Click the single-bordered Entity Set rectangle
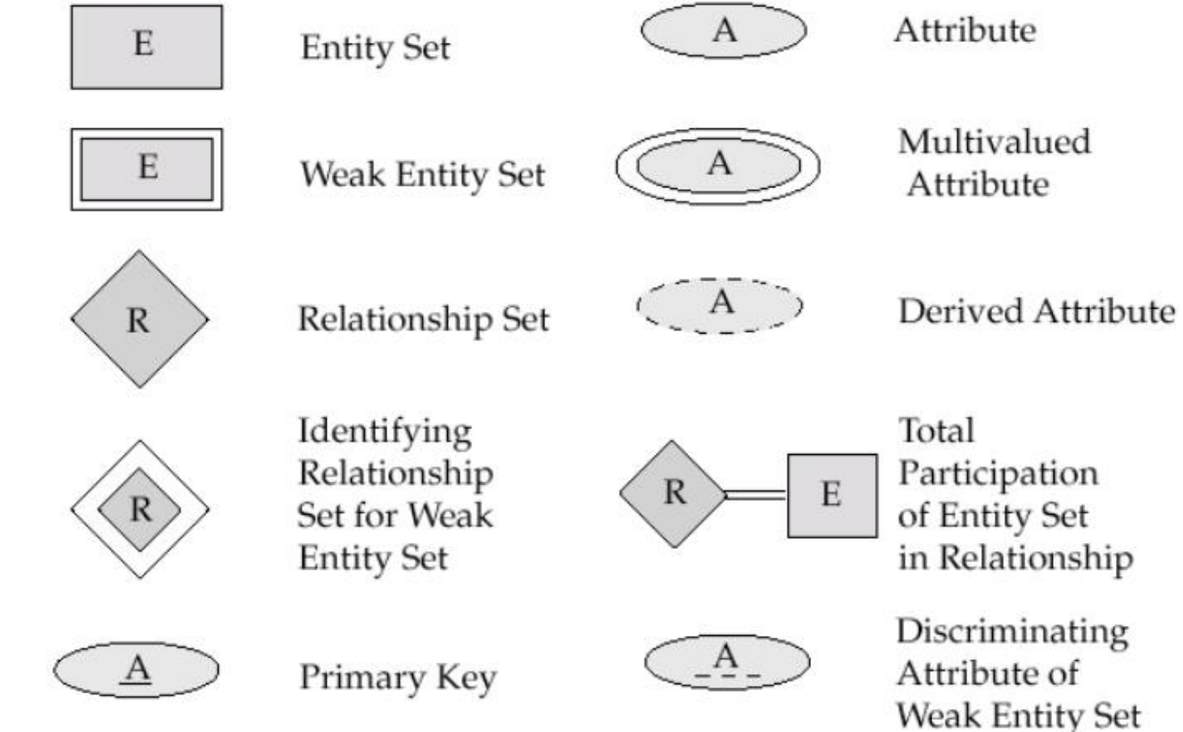(x=147, y=47)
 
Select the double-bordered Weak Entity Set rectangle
(x=147, y=170)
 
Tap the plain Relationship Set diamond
(x=140, y=319)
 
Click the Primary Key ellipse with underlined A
(x=137, y=670)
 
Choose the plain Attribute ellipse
(x=724, y=30)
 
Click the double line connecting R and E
(x=756, y=495)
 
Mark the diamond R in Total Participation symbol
(x=673, y=494)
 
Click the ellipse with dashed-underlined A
(x=727, y=663)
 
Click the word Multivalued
(x=995, y=142)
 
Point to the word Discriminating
(x=1012, y=633)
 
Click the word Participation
(x=998, y=474)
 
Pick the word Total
(x=936, y=431)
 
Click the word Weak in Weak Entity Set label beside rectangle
(x=344, y=175)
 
